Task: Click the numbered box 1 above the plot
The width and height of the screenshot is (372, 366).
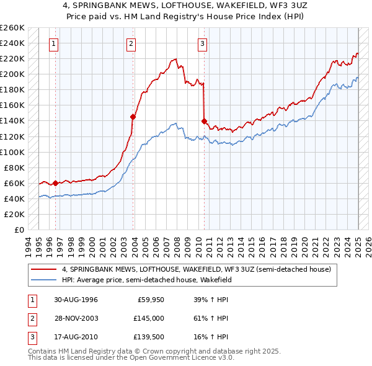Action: [55, 43]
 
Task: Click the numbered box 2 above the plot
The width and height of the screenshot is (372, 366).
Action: [132, 43]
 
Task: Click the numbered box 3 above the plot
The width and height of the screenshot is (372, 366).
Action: [203, 43]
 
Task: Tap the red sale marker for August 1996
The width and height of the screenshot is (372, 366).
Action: [55, 183]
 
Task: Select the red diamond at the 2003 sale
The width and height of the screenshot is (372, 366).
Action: [133, 117]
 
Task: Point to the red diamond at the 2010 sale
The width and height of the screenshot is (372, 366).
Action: [204, 121]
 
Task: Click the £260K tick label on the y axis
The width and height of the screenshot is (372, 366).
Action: [12, 28]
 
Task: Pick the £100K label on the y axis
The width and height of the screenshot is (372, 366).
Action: [12, 152]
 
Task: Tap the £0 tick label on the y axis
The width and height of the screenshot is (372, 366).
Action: [19, 230]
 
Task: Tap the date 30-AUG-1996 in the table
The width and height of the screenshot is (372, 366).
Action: [76, 300]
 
